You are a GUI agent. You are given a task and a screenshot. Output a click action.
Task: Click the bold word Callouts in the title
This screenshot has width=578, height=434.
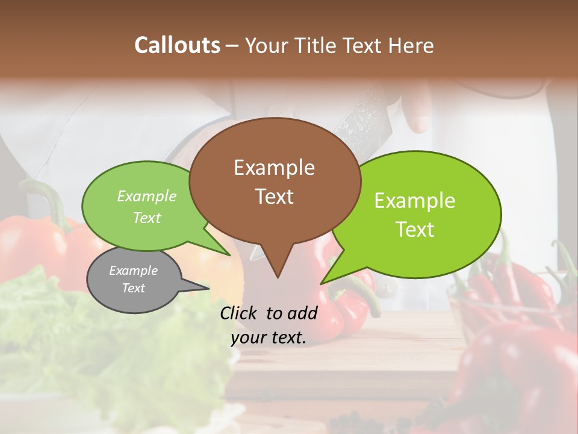pos(178,45)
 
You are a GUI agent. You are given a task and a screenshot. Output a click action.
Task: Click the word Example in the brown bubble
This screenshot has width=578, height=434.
pos(274,168)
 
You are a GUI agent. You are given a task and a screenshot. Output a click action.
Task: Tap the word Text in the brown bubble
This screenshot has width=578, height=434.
pos(274,197)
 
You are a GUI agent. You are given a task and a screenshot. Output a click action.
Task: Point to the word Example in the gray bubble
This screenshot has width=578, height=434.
pos(134,271)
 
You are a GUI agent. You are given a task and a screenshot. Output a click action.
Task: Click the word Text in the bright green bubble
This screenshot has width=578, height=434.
pos(415,230)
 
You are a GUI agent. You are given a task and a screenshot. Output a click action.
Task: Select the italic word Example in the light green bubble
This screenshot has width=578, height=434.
pos(147,196)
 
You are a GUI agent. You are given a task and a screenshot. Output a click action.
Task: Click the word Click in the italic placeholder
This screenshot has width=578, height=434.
pos(240,313)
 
